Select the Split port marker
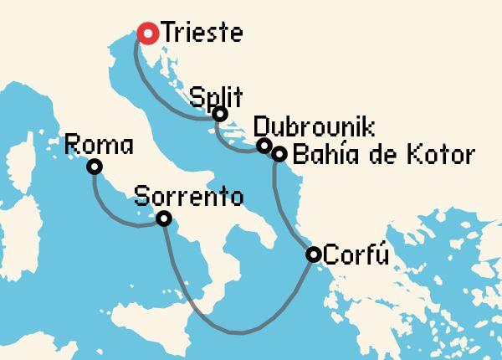click(x=220, y=114)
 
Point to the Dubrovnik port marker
click(x=264, y=146)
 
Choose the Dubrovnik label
click(x=314, y=127)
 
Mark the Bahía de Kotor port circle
click(x=279, y=154)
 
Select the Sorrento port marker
click(x=164, y=219)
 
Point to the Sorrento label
click(x=188, y=199)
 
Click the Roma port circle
click(x=95, y=167)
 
